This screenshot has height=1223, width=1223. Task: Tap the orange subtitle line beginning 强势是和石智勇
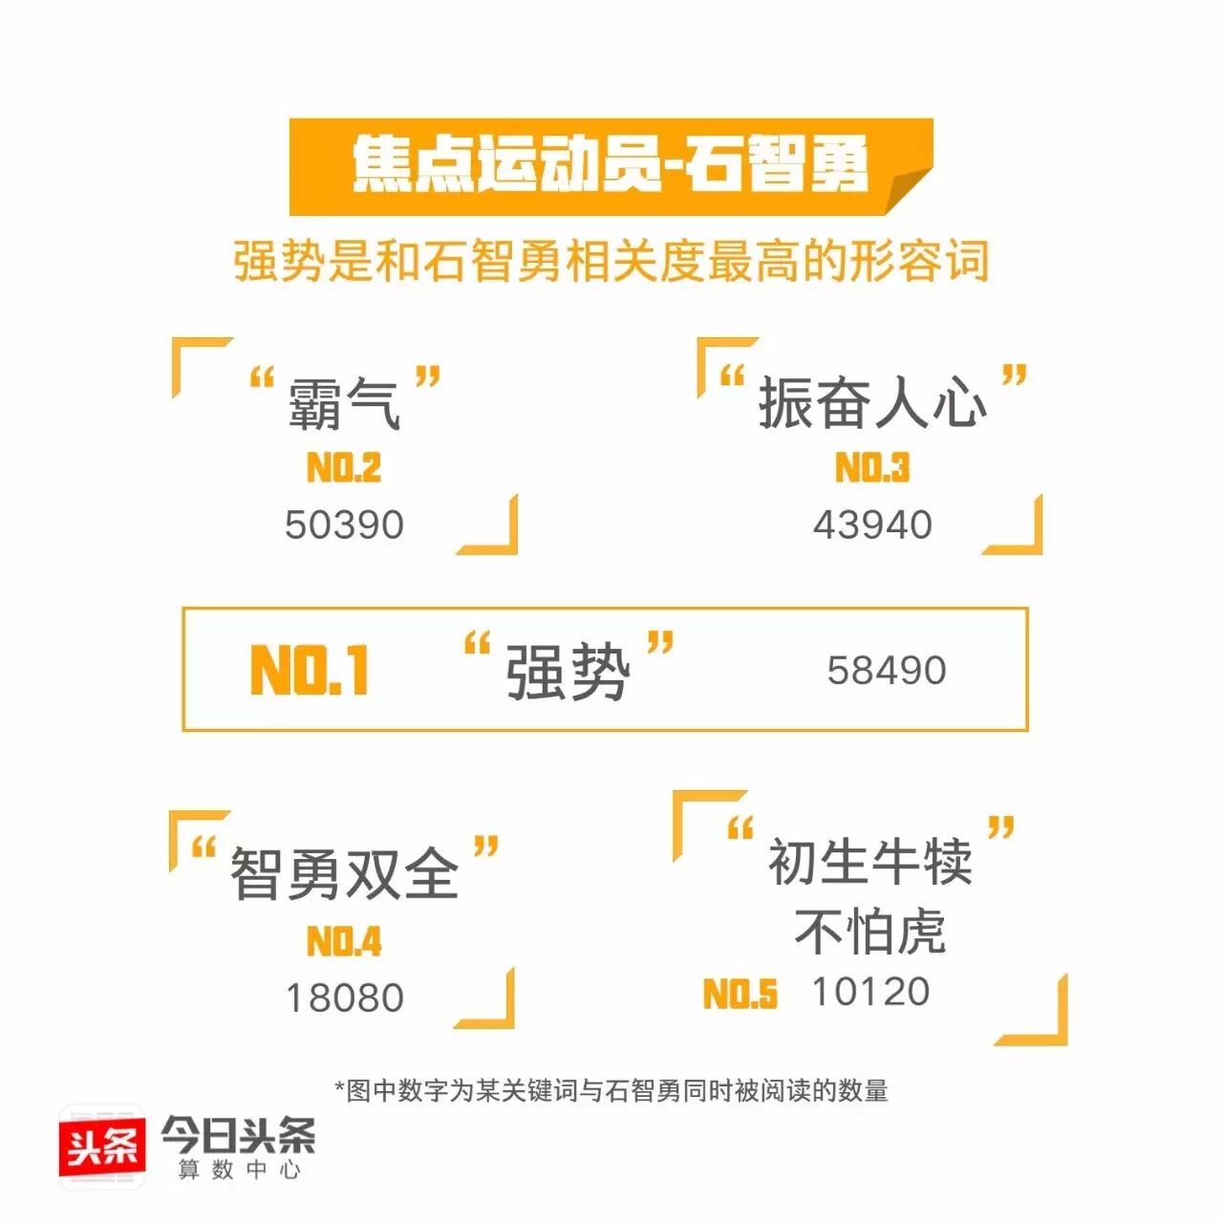pyautogui.click(x=611, y=261)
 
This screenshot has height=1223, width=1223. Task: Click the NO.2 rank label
pyautogui.click(x=344, y=468)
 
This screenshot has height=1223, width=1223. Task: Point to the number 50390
pyautogui.click(x=344, y=525)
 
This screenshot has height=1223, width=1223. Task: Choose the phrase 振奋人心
pyautogui.click(x=872, y=402)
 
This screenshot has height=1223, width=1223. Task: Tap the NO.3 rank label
pyautogui.click(x=872, y=468)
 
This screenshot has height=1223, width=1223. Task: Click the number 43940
pyautogui.click(x=872, y=525)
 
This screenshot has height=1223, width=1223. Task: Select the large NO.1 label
pyautogui.click(x=310, y=670)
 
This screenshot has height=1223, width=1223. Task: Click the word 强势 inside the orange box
pyautogui.click(x=568, y=671)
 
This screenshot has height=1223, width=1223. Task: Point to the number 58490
pyautogui.click(x=887, y=671)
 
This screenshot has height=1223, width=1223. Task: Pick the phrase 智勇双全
pyautogui.click(x=344, y=873)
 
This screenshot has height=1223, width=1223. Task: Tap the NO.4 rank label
pyautogui.click(x=344, y=942)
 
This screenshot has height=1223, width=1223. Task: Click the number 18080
pyautogui.click(x=345, y=998)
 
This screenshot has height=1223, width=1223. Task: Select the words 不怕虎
pyautogui.click(x=869, y=932)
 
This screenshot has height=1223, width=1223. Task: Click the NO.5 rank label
pyautogui.click(x=740, y=995)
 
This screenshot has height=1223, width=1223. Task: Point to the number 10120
pyautogui.click(x=870, y=992)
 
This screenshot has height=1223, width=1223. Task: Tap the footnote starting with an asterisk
pyautogui.click(x=611, y=1090)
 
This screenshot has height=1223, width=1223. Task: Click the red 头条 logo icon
pyautogui.click(x=102, y=1146)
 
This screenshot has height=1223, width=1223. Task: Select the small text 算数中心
pyautogui.click(x=239, y=1169)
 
